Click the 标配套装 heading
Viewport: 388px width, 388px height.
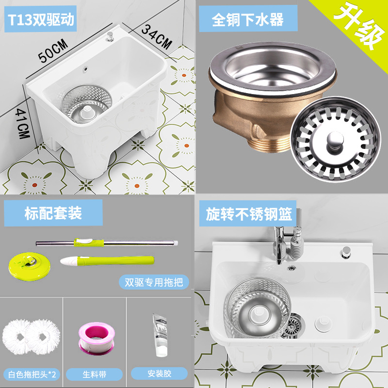pyautogui.click(x=53, y=213)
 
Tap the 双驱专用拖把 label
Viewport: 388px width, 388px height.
pyautogui.click(x=154, y=282)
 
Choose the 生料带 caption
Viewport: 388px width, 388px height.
pyautogui.click(x=95, y=374)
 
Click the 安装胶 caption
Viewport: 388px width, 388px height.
pyautogui.click(x=160, y=374)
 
